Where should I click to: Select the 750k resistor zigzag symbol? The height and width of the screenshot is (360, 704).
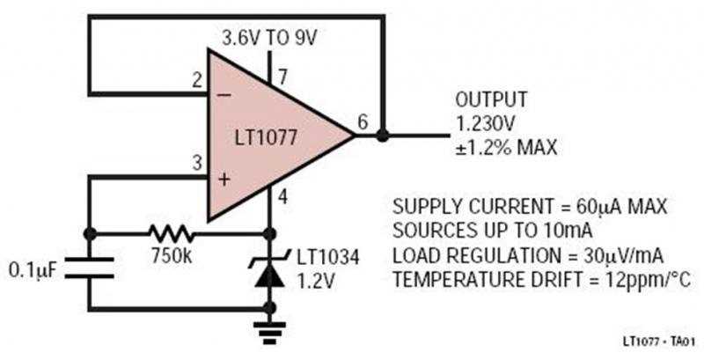(x=172, y=234)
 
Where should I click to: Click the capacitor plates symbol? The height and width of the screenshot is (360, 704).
(x=89, y=268)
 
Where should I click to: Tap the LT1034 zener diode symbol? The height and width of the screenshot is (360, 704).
(x=270, y=269)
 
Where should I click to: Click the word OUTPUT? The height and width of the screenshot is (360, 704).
(x=490, y=98)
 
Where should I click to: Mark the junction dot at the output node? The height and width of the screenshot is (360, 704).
(x=383, y=136)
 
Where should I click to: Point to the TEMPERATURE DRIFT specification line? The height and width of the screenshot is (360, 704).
(x=540, y=280)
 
